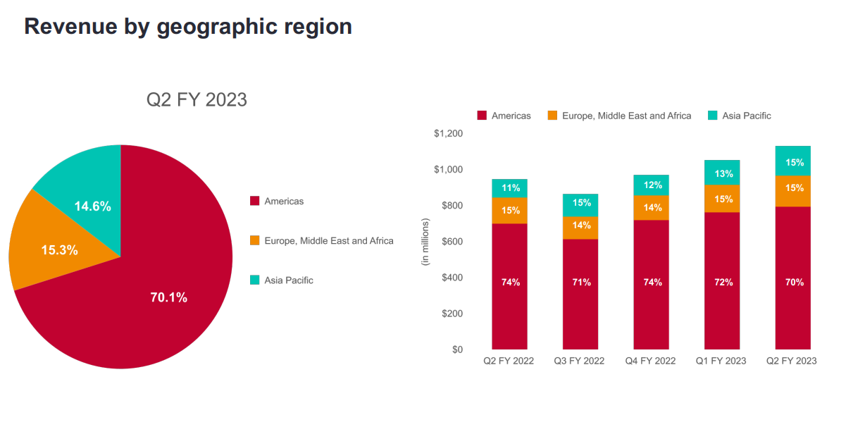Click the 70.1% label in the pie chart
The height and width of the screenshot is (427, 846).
pyautogui.click(x=169, y=297)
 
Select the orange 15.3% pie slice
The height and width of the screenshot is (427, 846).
pyautogui.click(x=59, y=249)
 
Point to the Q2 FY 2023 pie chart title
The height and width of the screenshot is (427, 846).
pyautogui.click(x=197, y=99)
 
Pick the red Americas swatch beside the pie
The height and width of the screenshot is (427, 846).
pyautogui.click(x=254, y=202)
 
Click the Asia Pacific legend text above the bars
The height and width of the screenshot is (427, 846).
pyautogui.click(x=746, y=116)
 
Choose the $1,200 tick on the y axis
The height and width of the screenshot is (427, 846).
pyautogui.click(x=448, y=134)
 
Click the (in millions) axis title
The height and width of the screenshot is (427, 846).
pyautogui.click(x=425, y=242)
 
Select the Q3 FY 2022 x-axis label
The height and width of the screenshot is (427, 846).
pyautogui.click(x=580, y=361)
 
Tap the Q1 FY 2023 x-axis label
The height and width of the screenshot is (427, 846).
pyautogui.click(x=721, y=361)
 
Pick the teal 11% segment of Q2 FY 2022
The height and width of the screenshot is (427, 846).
pyautogui.click(x=510, y=188)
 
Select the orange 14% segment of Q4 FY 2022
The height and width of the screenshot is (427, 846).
pyautogui.click(x=651, y=208)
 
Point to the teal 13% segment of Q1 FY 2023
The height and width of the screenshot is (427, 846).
pyautogui.click(x=723, y=173)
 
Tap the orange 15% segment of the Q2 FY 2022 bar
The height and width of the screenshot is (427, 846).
pyautogui.click(x=510, y=210)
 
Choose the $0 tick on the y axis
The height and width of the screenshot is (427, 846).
pyautogui.click(x=457, y=349)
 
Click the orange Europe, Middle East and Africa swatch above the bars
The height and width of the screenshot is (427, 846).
pyautogui.click(x=552, y=116)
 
